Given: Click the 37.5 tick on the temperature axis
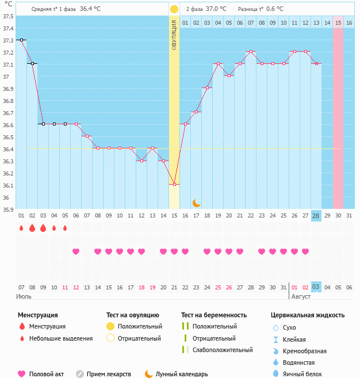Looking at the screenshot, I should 8,16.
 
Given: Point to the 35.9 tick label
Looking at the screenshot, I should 8,209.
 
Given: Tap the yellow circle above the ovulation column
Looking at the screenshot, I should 174,9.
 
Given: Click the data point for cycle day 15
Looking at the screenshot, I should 174,185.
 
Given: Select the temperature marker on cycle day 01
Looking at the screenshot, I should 21,40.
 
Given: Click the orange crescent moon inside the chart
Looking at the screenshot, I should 197,203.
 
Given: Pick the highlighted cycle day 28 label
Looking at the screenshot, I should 316,216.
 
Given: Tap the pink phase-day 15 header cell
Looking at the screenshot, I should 338,22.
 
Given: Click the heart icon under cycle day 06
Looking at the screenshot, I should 76,251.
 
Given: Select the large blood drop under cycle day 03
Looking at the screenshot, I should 43,228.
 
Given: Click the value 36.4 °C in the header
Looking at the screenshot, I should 90,9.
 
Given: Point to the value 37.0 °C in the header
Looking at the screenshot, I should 216,9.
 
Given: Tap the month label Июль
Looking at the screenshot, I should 23,296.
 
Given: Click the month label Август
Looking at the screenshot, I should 301,296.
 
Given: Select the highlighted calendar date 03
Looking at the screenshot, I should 316,287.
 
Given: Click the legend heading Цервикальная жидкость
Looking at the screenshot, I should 308,315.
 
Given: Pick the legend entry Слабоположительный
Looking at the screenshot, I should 223,350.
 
